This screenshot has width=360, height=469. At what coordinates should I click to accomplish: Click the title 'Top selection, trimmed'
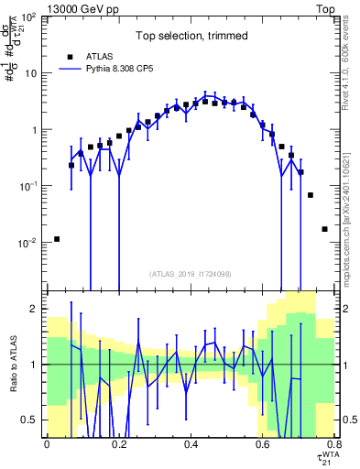point(191,37)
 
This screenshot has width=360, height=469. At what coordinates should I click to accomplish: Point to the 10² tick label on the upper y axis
point(30,17)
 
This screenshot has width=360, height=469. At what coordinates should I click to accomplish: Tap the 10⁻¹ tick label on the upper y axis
point(30,187)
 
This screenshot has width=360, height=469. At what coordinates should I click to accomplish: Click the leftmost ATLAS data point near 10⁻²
point(57,239)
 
